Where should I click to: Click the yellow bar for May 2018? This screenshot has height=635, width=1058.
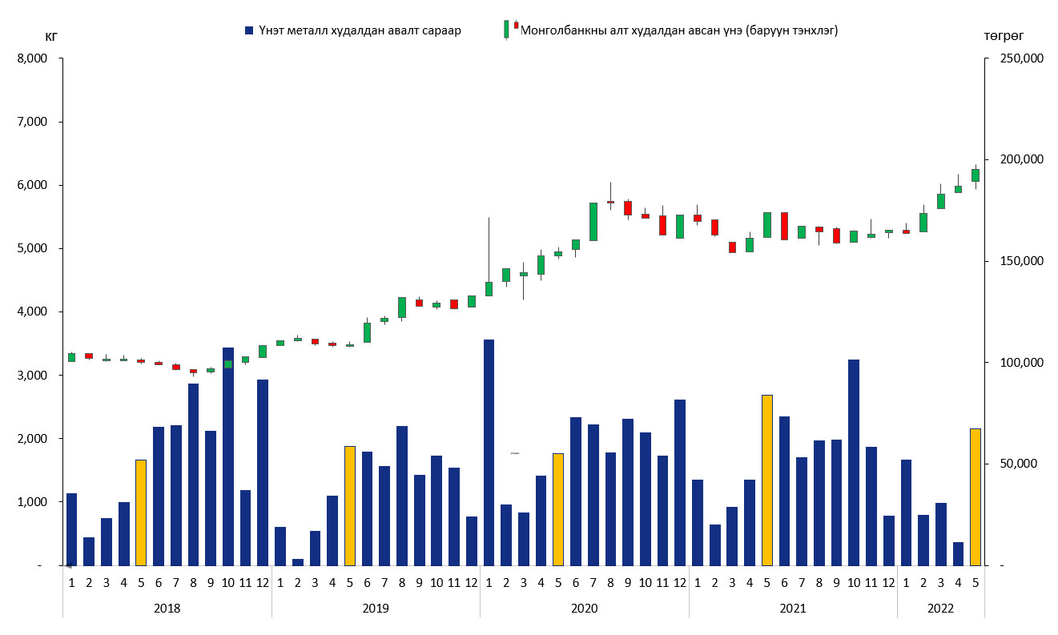[x=141, y=512]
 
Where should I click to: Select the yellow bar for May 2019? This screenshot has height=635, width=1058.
[x=350, y=505]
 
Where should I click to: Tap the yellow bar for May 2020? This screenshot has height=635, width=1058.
[x=558, y=509]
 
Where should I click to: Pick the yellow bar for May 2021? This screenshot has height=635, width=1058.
[x=767, y=480]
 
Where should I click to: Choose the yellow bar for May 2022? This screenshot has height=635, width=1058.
[x=976, y=496]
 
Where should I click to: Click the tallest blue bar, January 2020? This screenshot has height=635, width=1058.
[x=489, y=452]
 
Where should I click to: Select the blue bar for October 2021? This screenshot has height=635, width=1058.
[x=854, y=462]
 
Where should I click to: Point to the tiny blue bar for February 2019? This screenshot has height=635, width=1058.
[x=298, y=562]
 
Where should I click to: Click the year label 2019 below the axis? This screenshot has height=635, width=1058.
[x=376, y=609]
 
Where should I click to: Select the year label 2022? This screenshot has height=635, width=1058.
[x=941, y=609]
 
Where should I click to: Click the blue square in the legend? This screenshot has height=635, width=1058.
[x=250, y=30]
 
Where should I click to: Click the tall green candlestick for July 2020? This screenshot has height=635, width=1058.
[x=593, y=222]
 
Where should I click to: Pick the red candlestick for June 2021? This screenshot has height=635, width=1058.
[x=784, y=226]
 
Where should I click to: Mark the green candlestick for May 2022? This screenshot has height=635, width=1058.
[x=976, y=175]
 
